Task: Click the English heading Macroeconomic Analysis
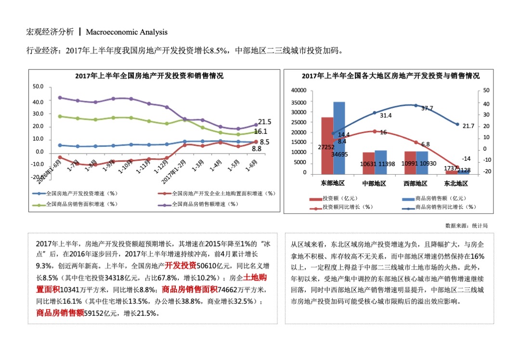tap(127, 32)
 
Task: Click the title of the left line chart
tap(149, 76)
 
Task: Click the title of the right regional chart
tap(390, 76)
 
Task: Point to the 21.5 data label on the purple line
tap(265, 122)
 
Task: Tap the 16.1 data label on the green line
tap(260, 131)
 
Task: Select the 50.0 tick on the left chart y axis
tap(38, 87)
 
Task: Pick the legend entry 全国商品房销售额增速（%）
tap(205, 204)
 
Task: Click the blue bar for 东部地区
tap(339, 138)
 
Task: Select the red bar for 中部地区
tap(368, 163)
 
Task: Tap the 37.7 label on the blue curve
tap(427, 108)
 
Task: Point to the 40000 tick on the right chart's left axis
tap(299, 90)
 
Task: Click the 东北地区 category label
tap(456, 183)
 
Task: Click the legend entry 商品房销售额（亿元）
tap(442, 198)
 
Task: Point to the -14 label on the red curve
tap(466, 159)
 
